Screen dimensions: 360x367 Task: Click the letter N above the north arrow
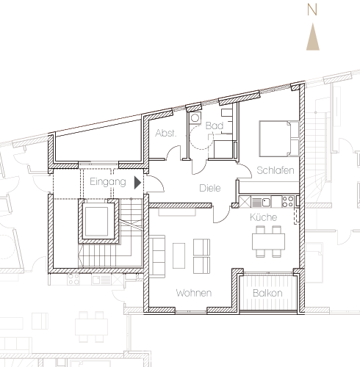point(312,10)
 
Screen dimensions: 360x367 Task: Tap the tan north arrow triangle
point(313,37)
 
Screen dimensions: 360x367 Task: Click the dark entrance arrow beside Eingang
point(137,183)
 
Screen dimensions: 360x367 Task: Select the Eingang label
point(108,182)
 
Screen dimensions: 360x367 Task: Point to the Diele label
point(210,188)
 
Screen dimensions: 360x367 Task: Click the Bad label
point(215,126)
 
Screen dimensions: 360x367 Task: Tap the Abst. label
point(166,133)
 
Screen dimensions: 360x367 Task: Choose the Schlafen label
point(276,170)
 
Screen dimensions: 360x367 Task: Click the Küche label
point(264,217)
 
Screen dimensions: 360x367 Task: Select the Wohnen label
point(194,293)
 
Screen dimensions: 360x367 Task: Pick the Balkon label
point(267,293)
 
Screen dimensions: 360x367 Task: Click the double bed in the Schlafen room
point(279,139)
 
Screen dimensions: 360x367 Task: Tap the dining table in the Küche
point(268,241)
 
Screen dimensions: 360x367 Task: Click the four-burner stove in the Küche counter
point(287,201)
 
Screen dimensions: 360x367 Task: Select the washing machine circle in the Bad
point(195,118)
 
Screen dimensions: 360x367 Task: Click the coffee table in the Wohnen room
point(179,255)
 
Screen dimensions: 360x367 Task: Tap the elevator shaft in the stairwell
point(96,222)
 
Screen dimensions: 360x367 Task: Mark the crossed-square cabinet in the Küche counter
point(244,202)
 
